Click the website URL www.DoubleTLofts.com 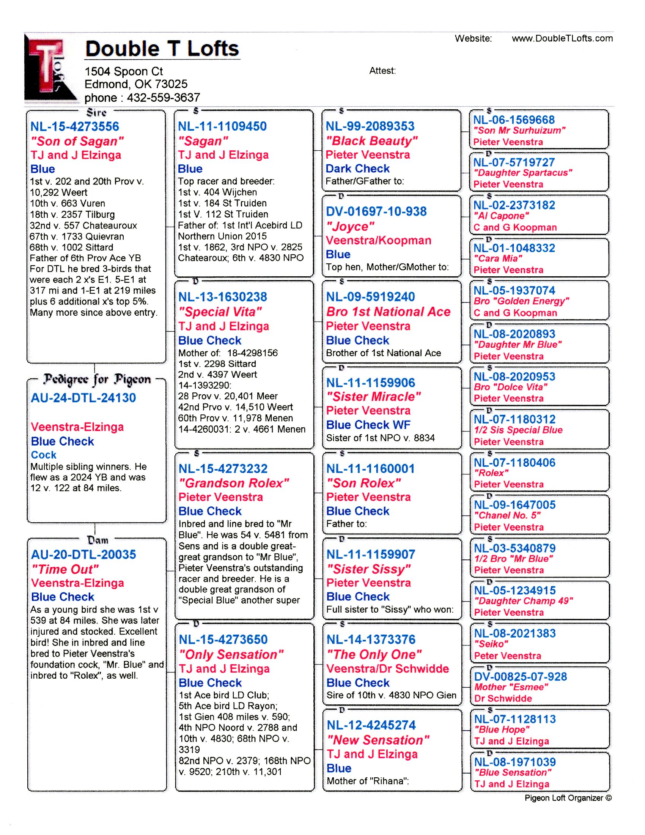click(562, 38)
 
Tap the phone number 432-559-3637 click(163, 98)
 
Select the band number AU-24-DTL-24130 click(83, 398)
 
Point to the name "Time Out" click(65, 569)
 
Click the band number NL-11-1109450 click(222, 126)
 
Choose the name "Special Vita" click(220, 312)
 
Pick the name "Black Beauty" click(371, 141)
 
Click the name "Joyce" click(350, 226)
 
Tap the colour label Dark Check click(358, 169)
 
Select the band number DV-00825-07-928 click(521, 677)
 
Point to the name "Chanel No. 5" click(507, 515)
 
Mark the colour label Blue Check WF click(368, 425)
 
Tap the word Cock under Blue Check click(44, 455)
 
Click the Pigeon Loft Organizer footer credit click(568, 798)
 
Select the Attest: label click(382, 71)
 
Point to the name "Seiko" click(491, 644)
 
